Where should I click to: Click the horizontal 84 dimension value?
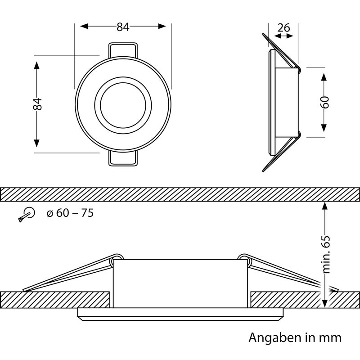click(123, 27)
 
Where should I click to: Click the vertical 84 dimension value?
click(37, 104)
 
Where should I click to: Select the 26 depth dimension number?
click(284, 28)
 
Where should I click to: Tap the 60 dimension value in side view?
click(324, 102)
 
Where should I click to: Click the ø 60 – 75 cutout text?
click(70, 213)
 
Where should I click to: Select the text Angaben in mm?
click(295, 338)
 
